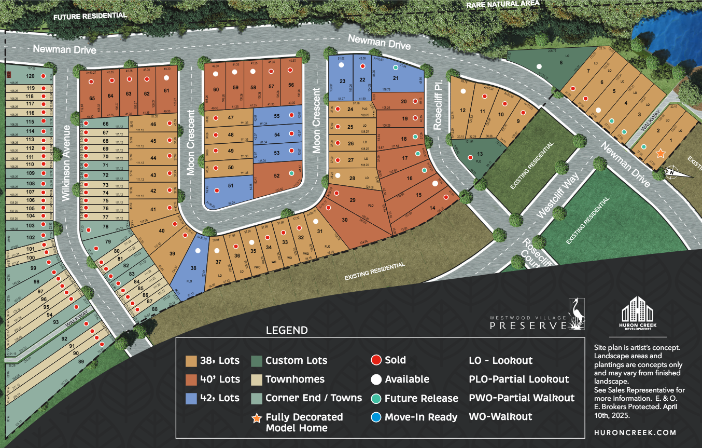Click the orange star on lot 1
660,153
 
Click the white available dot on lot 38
198,250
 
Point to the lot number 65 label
92,98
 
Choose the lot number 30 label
344,220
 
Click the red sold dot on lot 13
470,157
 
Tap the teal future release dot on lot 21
396,67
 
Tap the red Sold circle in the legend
376,360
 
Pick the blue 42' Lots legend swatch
191,398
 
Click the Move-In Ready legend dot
376,417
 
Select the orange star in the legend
256,417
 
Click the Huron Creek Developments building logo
637,310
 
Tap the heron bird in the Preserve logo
576,313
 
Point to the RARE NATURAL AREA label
502,4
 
